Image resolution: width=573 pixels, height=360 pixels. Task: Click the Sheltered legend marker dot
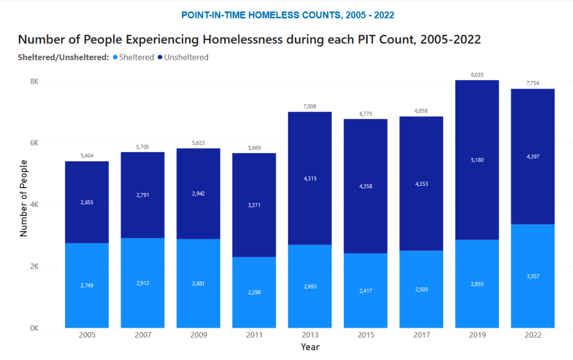(x=115, y=57)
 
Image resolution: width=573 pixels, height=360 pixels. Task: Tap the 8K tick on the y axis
(x=35, y=81)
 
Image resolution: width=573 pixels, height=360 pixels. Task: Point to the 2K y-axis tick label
(x=35, y=266)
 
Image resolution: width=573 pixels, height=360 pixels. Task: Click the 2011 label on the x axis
(x=254, y=335)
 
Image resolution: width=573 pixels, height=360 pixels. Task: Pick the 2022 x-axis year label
(x=533, y=335)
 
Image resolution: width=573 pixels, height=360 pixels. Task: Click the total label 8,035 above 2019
(x=477, y=75)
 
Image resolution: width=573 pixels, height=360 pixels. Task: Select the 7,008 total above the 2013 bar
(x=309, y=106)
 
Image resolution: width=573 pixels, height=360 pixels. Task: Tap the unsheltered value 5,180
(x=477, y=160)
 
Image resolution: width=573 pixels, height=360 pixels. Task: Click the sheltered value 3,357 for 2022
(x=533, y=276)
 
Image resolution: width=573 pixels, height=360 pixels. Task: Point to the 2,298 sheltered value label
(x=254, y=292)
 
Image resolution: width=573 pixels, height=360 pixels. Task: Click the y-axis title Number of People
(x=23, y=198)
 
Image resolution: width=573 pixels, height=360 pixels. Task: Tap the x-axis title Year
(x=310, y=347)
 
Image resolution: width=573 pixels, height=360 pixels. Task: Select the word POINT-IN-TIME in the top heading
(x=213, y=15)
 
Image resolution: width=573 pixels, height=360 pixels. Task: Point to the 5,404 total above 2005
(x=87, y=155)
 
